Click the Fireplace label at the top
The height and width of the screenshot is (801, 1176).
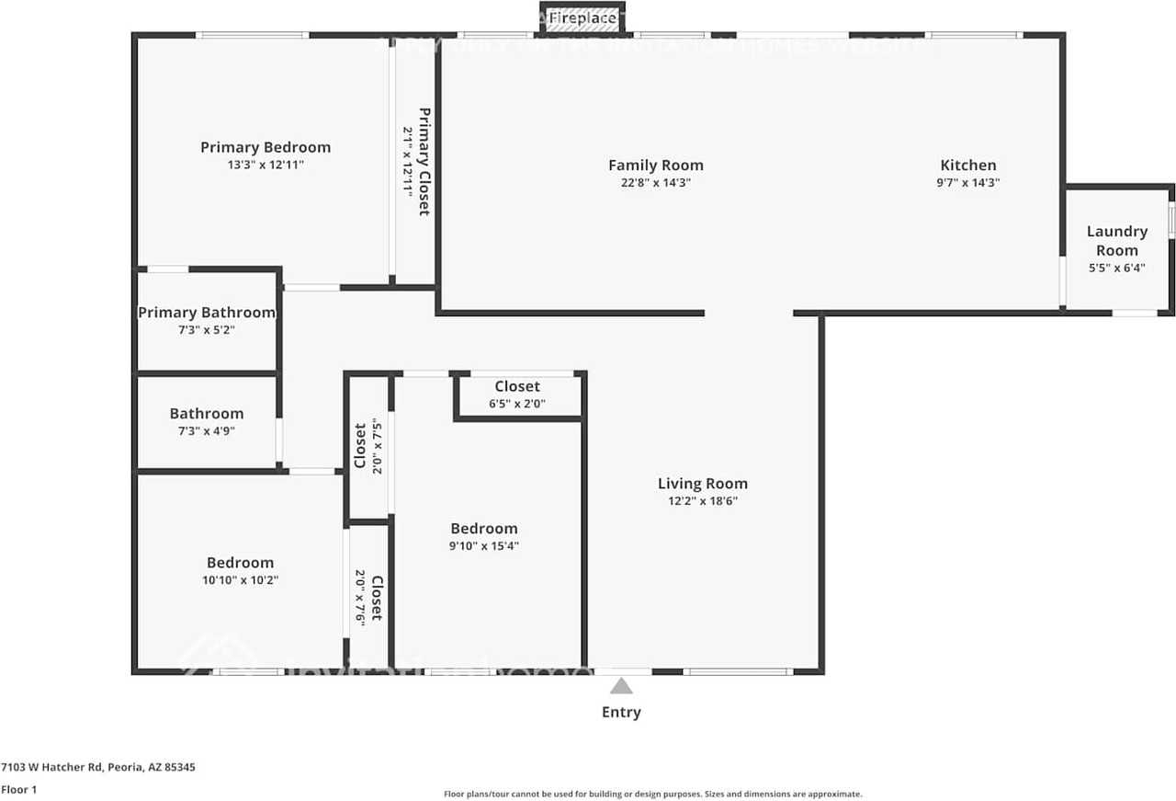coord(582,18)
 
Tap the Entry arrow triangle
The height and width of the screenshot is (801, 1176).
coord(622,686)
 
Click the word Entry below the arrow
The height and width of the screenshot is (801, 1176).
coord(621,712)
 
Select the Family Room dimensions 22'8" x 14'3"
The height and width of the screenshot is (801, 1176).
coord(655,183)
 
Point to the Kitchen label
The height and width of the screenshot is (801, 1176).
coord(967,166)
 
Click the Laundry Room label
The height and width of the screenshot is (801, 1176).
coord(1116,241)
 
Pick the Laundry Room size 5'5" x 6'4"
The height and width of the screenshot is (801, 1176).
coord(1116,269)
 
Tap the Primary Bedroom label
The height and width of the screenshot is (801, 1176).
coord(266,147)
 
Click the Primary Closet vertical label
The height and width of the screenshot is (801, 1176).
coord(424,162)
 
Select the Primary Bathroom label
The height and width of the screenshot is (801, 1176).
coord(207,313)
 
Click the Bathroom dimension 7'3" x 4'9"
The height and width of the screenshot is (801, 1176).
coord(207,430)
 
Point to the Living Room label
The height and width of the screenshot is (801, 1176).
coord(703,484)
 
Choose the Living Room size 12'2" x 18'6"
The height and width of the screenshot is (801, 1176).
coord(703,501)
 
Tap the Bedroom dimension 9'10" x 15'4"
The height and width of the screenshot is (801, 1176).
coord(484,546)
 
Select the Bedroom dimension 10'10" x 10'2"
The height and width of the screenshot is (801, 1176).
coord(240,580)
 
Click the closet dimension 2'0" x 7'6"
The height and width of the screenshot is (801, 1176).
coord(360,598)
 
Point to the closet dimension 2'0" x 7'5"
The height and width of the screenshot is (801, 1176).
coord(377,444)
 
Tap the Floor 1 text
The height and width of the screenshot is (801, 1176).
coord(18,789)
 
